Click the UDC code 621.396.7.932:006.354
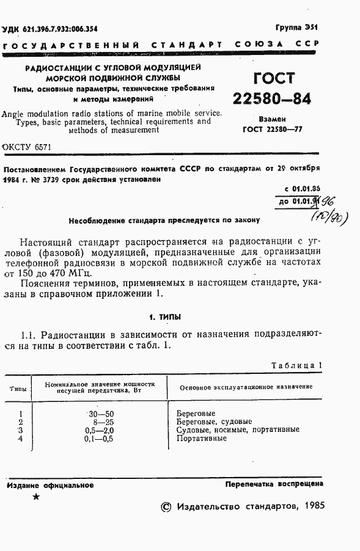pos(50,29)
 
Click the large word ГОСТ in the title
pos(273,79)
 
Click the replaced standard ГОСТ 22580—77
pos(273,129)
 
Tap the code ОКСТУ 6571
pos(28,147)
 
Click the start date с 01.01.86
pos(302,189)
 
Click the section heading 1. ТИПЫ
pos(165,317)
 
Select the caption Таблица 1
pos(296,365)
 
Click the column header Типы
pos(18,387)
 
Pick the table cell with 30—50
pos(101,414)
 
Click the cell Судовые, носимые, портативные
pos(237,429)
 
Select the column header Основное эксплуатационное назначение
pos(246,387)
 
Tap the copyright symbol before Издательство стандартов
pos(165,507)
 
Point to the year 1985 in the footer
pos(312,506)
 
